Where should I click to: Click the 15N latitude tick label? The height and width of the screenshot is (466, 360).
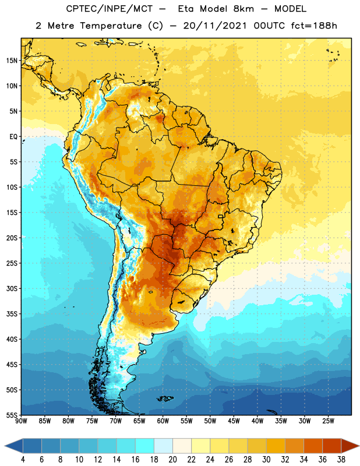12,61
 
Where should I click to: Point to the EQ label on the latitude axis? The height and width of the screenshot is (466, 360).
13,137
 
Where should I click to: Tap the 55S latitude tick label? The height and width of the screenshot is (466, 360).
12,415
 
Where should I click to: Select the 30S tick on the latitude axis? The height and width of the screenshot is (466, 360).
12,288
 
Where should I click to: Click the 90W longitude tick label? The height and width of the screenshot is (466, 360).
21,421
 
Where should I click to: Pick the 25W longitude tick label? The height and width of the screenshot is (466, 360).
328,421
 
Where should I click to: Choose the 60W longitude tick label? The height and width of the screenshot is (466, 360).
163,421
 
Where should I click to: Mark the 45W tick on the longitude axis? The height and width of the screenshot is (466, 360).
234,421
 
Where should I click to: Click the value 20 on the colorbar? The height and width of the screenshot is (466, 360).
172,460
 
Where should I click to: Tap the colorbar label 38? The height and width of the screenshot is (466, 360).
341,460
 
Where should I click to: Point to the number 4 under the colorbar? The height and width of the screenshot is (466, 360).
23,460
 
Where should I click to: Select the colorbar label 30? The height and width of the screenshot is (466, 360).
266,460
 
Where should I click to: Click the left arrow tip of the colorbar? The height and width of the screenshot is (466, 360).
5,446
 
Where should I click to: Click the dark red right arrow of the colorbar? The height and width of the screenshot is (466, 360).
350,446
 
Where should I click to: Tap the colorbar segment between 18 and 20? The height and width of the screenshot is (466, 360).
163,446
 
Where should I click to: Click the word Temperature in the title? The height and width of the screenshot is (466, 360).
111,26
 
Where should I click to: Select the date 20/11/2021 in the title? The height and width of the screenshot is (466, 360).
215,26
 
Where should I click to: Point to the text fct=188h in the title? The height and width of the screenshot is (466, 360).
314,26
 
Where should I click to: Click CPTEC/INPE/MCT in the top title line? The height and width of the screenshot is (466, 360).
110,9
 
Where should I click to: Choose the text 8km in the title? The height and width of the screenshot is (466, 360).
243,9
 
